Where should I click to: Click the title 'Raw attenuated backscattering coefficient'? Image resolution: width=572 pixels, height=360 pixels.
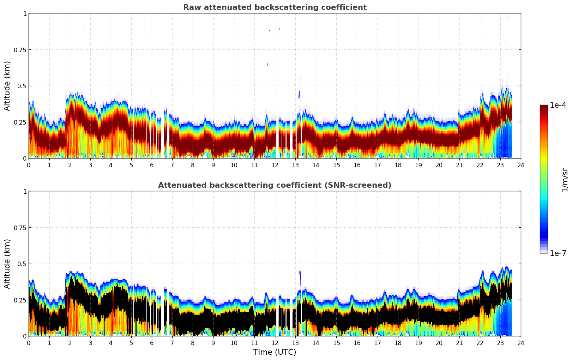point(275,7)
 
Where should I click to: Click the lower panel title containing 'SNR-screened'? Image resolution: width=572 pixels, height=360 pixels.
point(275,185)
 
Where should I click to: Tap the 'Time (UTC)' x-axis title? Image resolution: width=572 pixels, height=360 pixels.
point(275,352)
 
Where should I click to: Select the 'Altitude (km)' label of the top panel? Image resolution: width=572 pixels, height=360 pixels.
point(7,86)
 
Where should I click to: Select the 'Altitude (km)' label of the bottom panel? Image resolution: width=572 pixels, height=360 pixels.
point(7,264)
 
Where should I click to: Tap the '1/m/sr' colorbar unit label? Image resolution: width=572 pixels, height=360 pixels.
point(565,180)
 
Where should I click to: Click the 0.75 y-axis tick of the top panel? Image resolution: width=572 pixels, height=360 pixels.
point(20,50)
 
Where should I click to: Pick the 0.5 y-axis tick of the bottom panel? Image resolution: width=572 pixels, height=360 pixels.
point(22,264)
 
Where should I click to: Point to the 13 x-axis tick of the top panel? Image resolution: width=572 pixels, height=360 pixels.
point(295,165)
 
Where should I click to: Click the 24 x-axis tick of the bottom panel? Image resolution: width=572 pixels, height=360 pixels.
point(521,343)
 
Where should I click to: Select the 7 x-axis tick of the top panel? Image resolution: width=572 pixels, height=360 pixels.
point(172,165)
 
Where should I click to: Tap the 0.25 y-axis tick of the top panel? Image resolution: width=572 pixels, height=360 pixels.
point(20,122)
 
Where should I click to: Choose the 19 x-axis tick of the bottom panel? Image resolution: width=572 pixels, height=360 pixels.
point(418,343)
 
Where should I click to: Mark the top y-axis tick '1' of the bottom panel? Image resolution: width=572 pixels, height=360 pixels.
point(25,191)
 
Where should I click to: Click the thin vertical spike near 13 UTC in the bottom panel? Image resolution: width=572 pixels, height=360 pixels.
point(301,272)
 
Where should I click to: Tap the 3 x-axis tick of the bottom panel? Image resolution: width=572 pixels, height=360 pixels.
point(90,343)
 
